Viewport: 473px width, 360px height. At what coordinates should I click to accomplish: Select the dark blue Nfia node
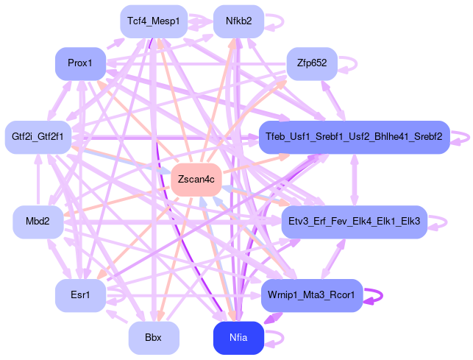point(238,338)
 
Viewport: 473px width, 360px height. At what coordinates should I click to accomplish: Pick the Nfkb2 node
point(238,21)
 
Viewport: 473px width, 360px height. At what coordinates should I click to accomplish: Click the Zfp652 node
point(311,63)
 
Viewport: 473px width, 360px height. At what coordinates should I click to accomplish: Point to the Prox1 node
point(80,63)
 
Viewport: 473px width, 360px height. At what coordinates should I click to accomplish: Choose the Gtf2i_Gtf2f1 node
point(38,137)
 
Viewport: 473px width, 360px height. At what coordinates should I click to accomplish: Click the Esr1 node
point(79,295)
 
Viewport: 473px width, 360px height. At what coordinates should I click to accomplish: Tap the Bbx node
point(153,338)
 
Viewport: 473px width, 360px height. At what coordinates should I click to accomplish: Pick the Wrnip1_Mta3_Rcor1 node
point(312,295)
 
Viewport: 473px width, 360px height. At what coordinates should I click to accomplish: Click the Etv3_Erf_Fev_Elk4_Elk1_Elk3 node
point(354,222)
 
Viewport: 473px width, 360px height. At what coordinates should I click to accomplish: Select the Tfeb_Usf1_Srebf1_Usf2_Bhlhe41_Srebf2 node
point(354,137)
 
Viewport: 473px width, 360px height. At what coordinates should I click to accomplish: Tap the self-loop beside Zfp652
point(354,63)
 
